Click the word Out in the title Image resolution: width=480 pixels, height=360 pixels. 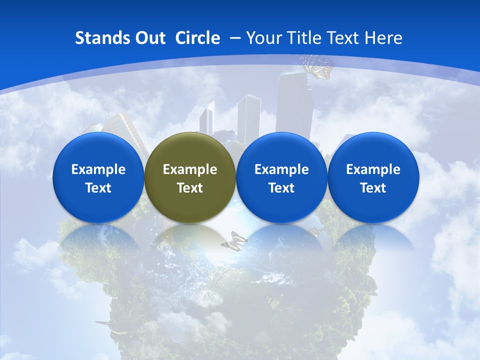click(x=149, y=38)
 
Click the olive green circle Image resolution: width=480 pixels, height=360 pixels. click(x=190, y=177)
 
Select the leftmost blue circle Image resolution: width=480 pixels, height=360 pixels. click(x=98, y=177)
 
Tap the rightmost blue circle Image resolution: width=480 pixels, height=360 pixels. click(x=373, y=177)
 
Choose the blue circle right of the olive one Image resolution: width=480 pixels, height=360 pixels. click(x=281, y=177)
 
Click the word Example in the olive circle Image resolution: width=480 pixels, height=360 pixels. click(x=190, y=169)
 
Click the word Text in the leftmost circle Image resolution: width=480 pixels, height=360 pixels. click(x=98, y=188)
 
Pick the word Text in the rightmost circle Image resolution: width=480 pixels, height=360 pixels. click(x=373, y=188)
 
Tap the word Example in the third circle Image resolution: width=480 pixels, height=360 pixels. click(x=281, y=169)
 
